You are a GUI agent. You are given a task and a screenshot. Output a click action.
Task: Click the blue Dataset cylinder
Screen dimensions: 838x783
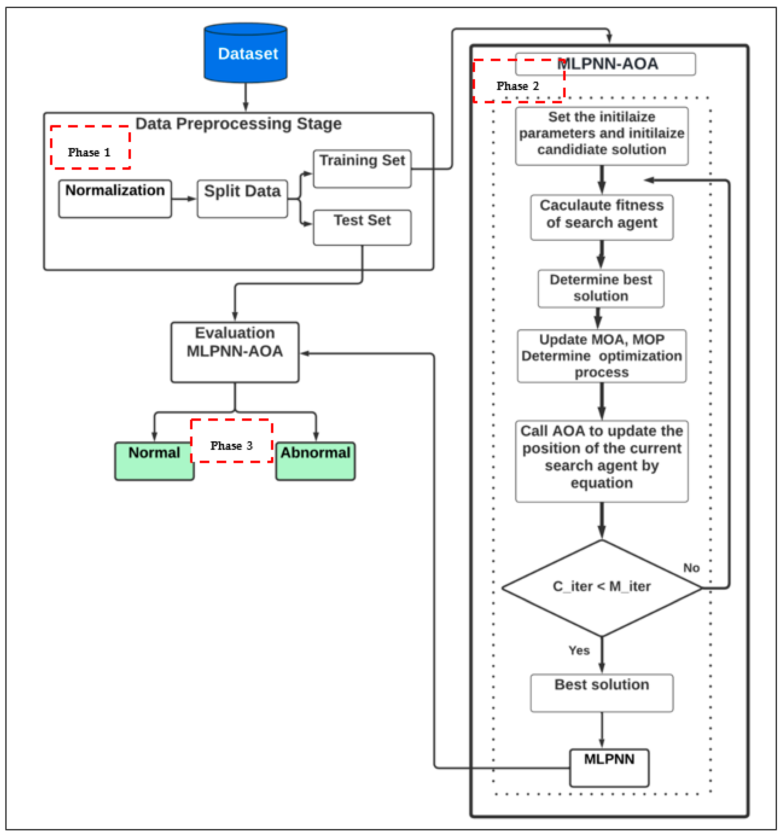(246, 54)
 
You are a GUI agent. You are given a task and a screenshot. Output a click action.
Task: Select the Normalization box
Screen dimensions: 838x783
(115, 199)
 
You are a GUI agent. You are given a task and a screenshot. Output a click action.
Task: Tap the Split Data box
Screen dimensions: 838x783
(242, 199)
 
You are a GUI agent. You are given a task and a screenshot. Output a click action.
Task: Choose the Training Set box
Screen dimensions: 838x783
(362, 169)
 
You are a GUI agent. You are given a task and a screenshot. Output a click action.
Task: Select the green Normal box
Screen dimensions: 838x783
(154, 461)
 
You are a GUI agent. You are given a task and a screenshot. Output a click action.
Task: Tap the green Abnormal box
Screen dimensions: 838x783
(315, 461)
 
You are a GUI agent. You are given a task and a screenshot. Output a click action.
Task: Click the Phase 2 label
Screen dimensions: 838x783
(517, 86)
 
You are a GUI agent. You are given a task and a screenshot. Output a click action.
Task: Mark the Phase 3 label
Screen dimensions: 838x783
(231, 446)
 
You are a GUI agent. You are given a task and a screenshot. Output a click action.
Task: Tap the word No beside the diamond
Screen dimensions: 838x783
(691, 568)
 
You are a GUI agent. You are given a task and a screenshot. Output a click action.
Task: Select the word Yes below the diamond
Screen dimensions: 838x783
(579, 650)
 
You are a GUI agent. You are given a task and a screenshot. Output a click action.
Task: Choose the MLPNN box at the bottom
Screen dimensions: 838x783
(609, 767)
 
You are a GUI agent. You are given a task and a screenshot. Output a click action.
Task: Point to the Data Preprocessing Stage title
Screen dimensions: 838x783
(238, 124)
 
